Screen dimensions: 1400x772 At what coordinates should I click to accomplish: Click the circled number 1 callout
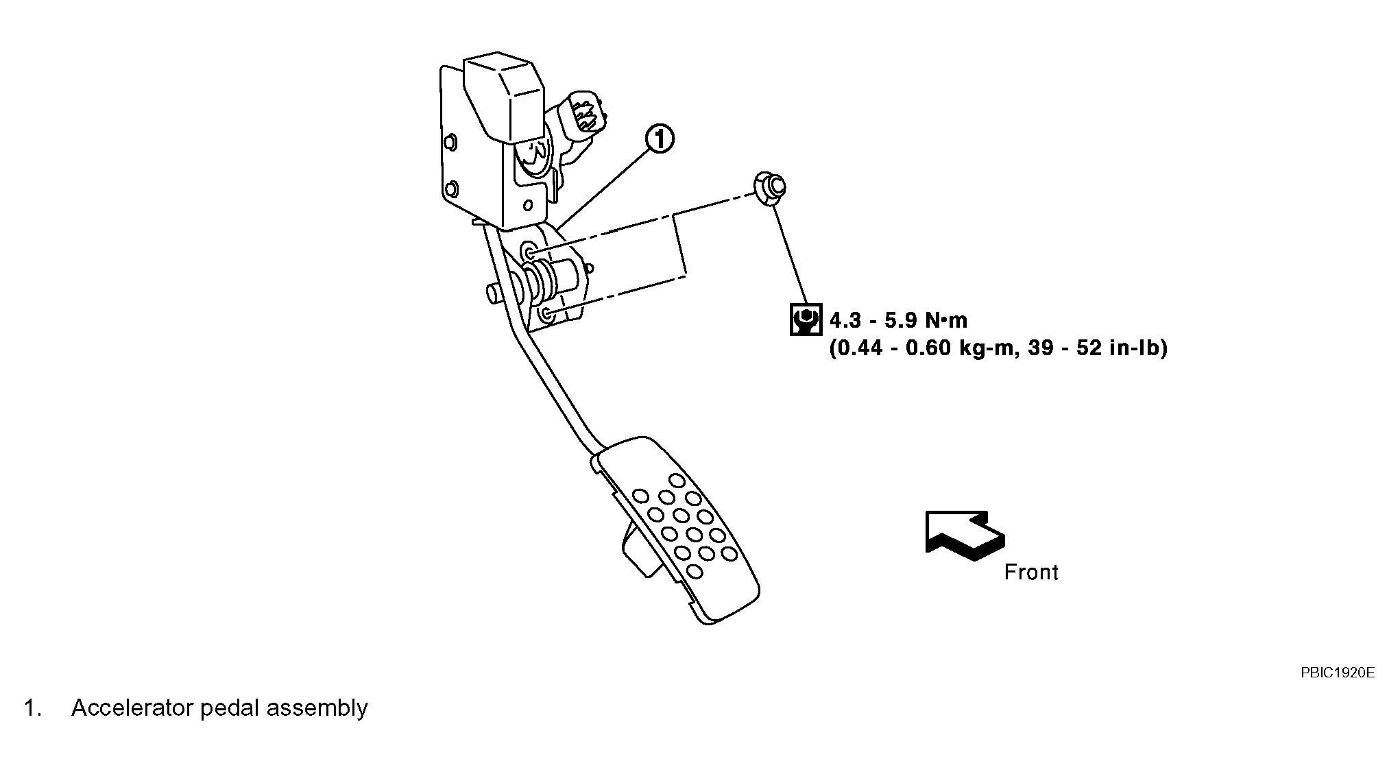tap(659, 139)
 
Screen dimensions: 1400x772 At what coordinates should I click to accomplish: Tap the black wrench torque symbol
tap(806, 319)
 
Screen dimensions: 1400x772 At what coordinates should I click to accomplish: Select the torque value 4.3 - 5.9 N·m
tap(898, 320)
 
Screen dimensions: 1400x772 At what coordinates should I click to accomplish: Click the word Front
tap(1030, 572)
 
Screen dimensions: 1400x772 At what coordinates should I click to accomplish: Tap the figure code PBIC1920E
tap(1338, 673)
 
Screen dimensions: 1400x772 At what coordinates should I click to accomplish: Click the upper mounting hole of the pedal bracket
tap(529, 250)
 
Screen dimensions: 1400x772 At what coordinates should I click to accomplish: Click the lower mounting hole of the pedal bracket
tap(547, 315)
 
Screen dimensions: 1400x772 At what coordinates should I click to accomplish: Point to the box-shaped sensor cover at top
tap(505, 99)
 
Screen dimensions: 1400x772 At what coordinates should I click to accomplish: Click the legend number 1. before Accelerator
tap(33, 708)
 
